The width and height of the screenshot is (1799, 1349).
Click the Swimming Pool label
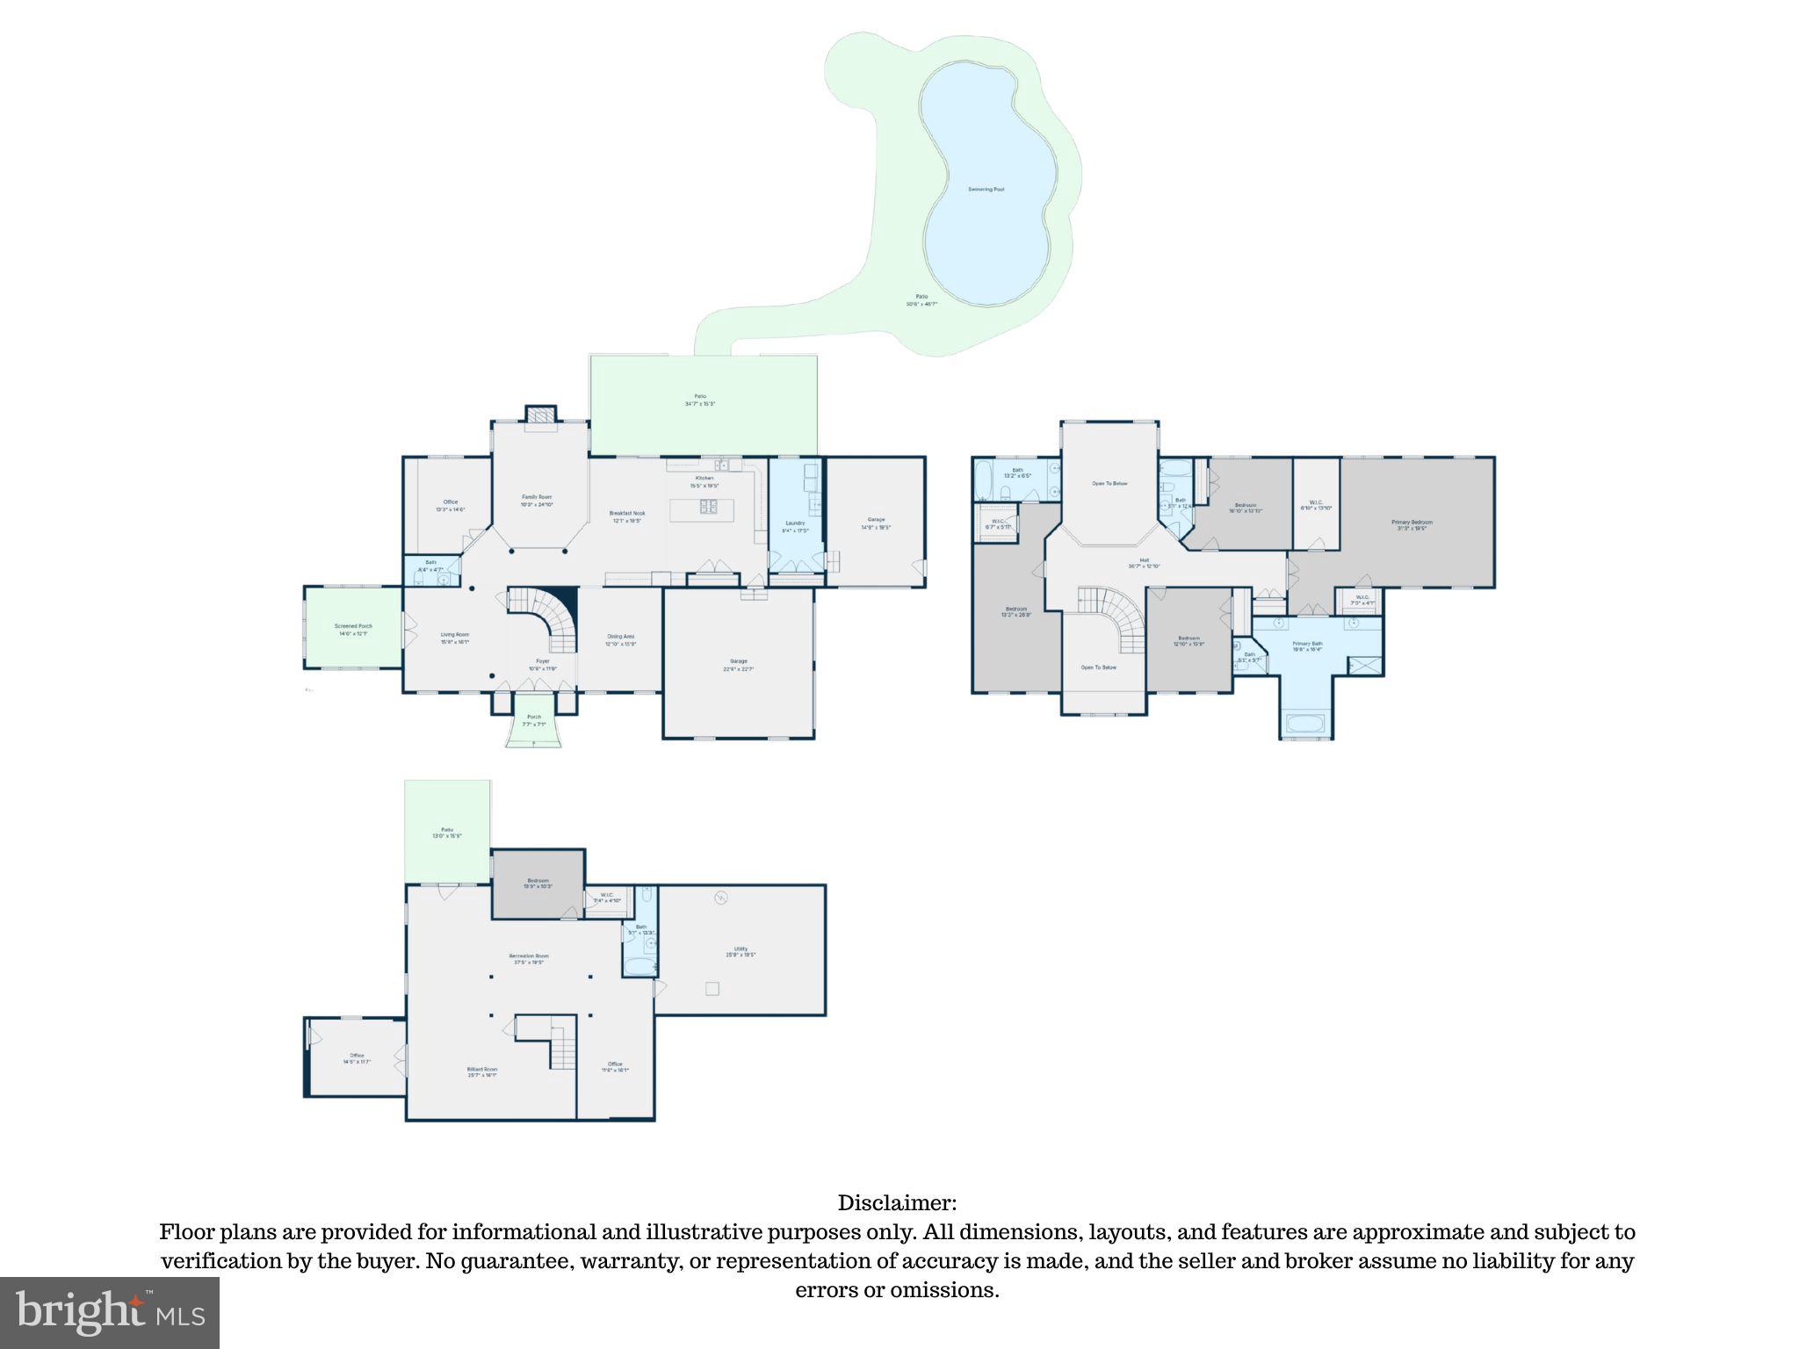point(986,190)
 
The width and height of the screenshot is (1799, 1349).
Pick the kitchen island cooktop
point(707,506)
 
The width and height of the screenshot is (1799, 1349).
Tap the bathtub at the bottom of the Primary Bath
point(1306,725)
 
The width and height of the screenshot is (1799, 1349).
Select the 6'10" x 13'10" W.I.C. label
point(1316,505)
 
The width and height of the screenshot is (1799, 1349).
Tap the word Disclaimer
point(897,1203)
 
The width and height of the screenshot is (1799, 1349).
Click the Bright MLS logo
point(109,1312)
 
